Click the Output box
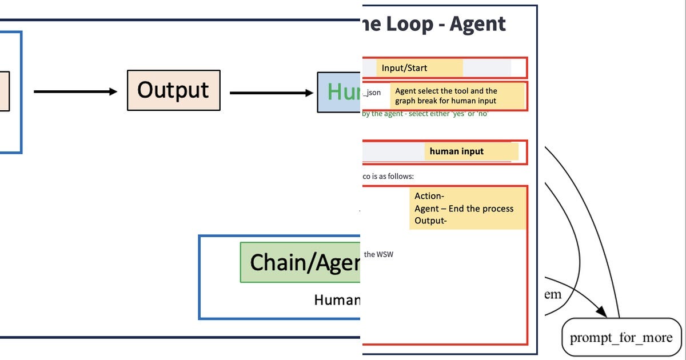(173, 90)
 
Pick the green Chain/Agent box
(301, 262)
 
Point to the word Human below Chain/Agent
(337, 299)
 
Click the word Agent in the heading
(477, 24)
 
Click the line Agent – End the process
(464, 209)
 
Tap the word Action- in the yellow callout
(429, 196)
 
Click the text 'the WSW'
(378, 254)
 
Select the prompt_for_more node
(621, 337)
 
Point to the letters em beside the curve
(552, 295)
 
